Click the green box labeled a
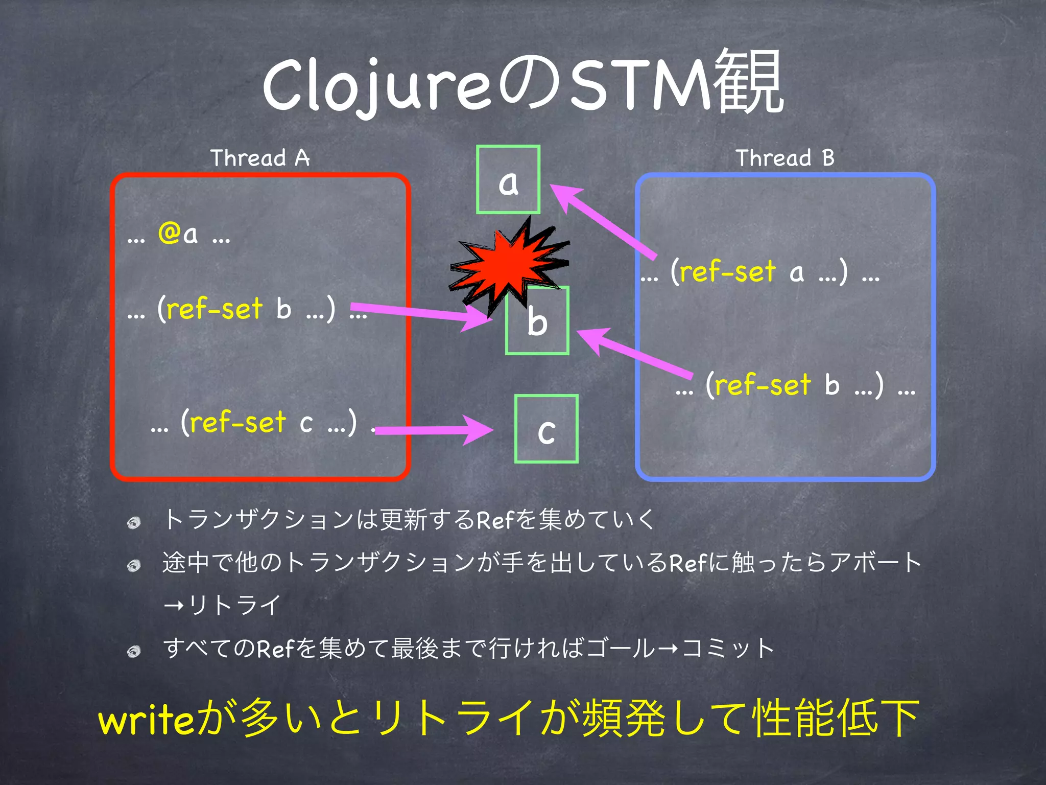[508, 179]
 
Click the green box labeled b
[537, 321]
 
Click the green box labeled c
[546, 429]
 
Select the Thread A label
[260, 157]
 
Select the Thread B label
[785, 157]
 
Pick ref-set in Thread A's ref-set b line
[215, 309]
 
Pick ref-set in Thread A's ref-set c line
[237, 422]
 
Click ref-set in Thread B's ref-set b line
[763, 384]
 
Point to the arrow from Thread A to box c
[434, 430]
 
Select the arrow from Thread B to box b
[633, 352]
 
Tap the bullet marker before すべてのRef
[134, 651]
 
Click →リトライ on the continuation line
[222, 606]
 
